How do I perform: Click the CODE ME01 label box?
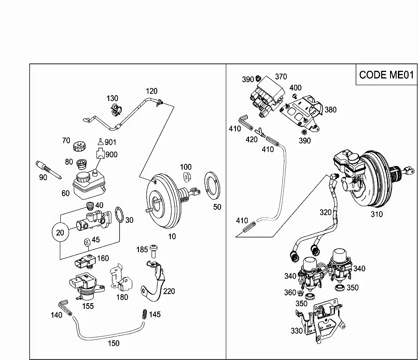tap(387, 74)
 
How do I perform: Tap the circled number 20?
tap(60, 232)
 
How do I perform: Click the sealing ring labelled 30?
tap(119, 215)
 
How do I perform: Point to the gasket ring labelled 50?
tap(212, 186)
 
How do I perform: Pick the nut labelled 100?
tap(187, 176)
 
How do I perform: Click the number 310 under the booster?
tap(377, 214)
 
